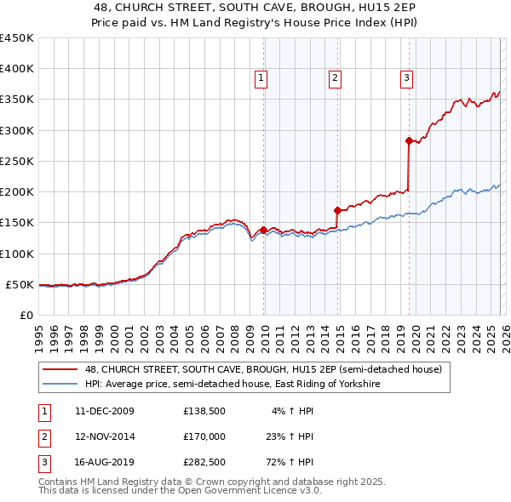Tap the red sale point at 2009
[263, 230]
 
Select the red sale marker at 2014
[337, 210]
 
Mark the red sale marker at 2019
[409, 140]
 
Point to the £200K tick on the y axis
[16, 191]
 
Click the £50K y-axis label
[20, 284]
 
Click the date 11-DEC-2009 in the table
[104, 411]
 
